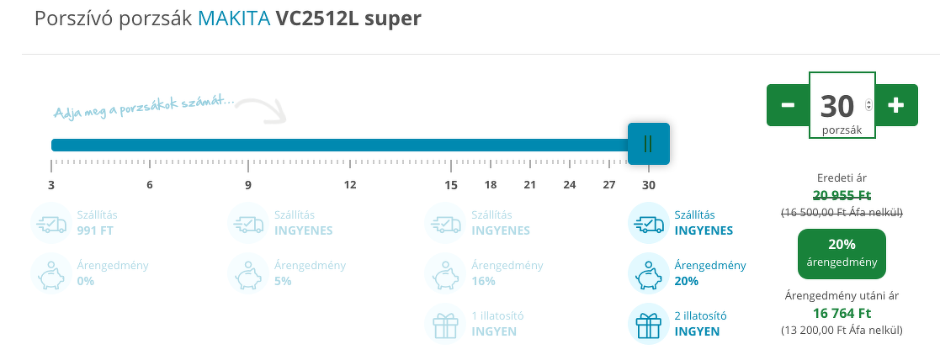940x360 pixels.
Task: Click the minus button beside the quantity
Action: (788, 105)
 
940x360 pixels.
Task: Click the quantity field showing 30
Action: (837, 106)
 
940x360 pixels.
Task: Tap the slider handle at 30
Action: (648, 144)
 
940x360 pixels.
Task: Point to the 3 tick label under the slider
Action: (51, 185)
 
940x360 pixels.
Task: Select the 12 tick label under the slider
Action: (349, 185)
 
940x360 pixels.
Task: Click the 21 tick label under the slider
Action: (529, 185)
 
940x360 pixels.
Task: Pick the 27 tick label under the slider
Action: (608, 185)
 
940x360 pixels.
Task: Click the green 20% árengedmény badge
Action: (842, 253)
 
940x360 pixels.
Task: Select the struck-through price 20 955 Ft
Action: (842, 193)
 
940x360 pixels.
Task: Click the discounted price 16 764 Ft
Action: (842, 313)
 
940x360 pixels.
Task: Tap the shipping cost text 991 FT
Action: (95, 230)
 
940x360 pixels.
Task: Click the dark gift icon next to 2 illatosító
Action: (649, 324)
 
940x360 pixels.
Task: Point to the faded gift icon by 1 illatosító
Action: (446, 324)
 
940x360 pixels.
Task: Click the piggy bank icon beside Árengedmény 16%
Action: (446, 273)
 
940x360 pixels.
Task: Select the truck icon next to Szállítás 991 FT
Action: (51, 223)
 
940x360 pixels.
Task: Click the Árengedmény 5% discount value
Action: (282, 281)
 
